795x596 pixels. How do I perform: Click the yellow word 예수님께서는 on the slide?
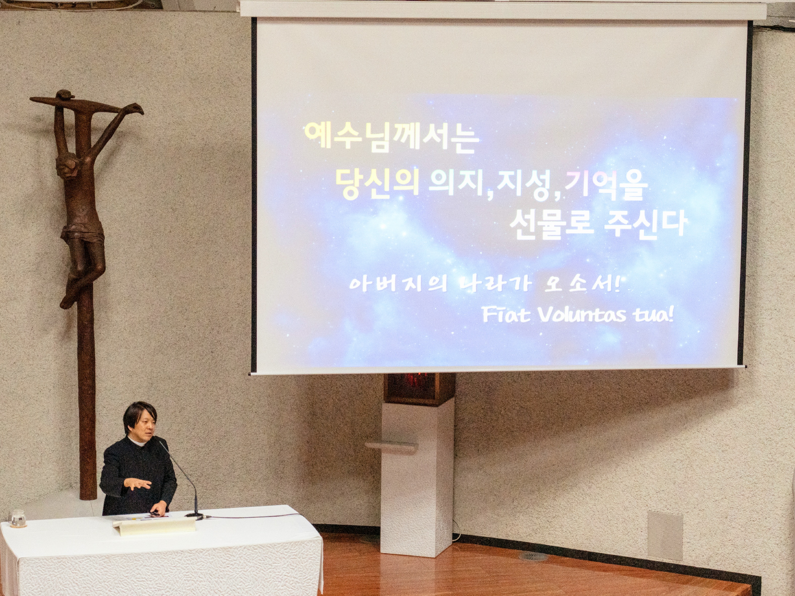[x=392, y=137]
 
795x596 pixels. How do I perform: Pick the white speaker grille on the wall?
[x=665, y=536]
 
